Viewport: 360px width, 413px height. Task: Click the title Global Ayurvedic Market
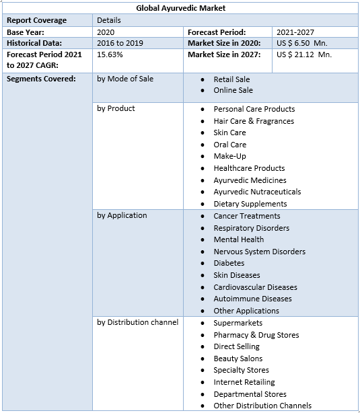(x=180, y=8)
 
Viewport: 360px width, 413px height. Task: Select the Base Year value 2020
(x=106, y=32)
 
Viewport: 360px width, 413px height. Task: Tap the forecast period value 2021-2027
(x=295, y=32)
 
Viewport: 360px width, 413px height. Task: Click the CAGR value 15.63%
(x=110, y=54)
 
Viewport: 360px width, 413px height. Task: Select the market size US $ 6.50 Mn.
(x=301, y=43)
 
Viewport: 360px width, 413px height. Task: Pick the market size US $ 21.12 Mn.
(x=303, y=54)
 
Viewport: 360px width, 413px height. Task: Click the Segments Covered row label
(x=41, y=79)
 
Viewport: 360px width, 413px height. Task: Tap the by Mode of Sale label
(x=125, y=79)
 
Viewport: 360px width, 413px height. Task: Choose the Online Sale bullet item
(x=233, y=90)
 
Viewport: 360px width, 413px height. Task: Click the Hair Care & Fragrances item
(x=254, y=121)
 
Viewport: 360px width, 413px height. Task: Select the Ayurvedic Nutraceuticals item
(x=257, y=192)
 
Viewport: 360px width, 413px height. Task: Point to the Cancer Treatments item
(x=247, y=216)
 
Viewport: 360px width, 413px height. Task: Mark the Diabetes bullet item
(x=229, y=263)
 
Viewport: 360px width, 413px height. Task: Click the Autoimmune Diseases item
(x=252, y=299)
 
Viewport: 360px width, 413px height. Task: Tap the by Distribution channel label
(x=138, y=322)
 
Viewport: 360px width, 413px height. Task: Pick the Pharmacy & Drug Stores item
(x=256, y=335)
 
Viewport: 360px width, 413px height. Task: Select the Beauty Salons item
(x=238, y=359)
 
